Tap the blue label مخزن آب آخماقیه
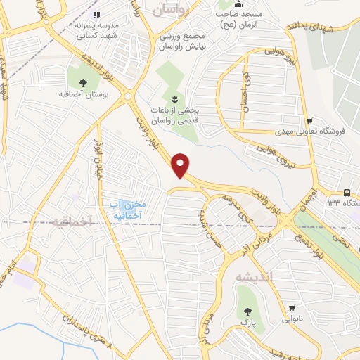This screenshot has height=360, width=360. (x=126, y=209)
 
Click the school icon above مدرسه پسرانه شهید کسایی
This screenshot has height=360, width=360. (x=98, y=13)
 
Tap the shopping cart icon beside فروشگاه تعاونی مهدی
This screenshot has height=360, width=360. (x=308, y=120)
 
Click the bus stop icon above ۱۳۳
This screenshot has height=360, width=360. (x=347, y=193)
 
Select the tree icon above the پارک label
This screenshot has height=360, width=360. (x=246, y=310)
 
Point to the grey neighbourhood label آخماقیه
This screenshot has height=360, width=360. (x=72, y=221)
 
